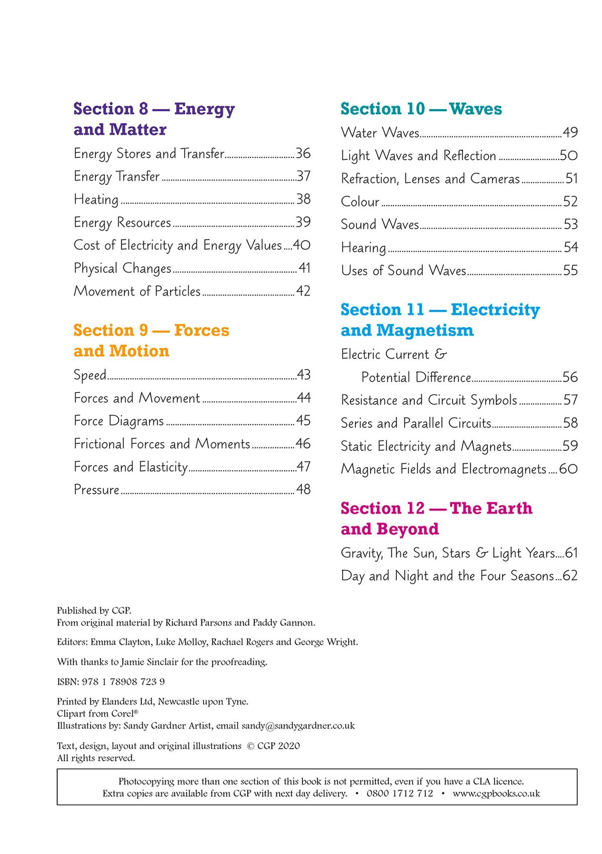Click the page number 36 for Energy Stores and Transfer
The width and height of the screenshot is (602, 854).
pos(303,153)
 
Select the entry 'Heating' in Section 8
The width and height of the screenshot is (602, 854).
pos(96,200)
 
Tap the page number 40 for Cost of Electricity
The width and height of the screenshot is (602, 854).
pos(302,245)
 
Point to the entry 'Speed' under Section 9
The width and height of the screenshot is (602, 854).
pos(90,375)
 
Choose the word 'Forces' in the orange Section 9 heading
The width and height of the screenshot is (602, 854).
pos(201,330)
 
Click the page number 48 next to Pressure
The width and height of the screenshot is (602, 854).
pos(303,489)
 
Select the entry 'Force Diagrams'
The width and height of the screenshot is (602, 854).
pos(119,421)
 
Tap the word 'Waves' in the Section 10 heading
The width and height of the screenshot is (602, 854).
pos(475,109)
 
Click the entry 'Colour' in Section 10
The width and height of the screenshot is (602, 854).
pos(360,202)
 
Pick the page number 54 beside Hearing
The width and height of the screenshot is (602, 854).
pos(570,247)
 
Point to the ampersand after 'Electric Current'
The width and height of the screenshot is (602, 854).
pos(440,355)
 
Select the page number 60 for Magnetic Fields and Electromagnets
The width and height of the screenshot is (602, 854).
pos(568,469)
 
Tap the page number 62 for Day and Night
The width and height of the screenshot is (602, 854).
pos(570,576)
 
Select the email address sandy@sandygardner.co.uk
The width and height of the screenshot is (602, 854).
pos(298,726)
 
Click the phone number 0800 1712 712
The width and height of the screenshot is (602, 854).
pos(399,793)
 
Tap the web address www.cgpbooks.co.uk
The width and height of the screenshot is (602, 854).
pos(496,793)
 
